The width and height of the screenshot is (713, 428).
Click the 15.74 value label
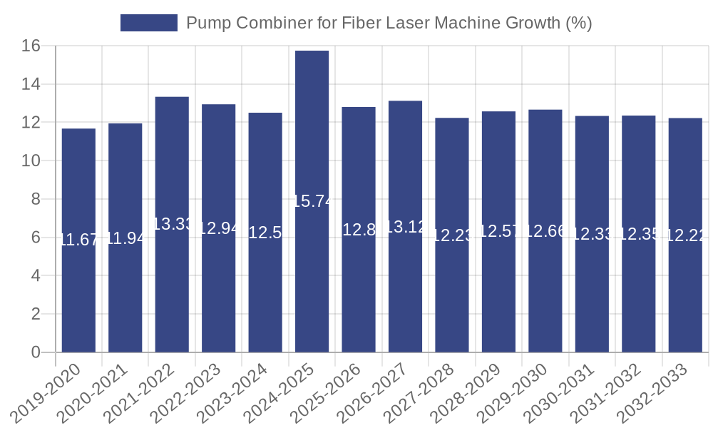312,201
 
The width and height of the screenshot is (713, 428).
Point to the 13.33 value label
172,224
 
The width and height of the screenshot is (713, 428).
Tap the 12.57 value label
498,231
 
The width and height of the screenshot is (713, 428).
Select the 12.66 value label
545,231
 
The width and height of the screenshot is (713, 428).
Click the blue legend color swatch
148,23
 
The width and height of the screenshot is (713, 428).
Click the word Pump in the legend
206,23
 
